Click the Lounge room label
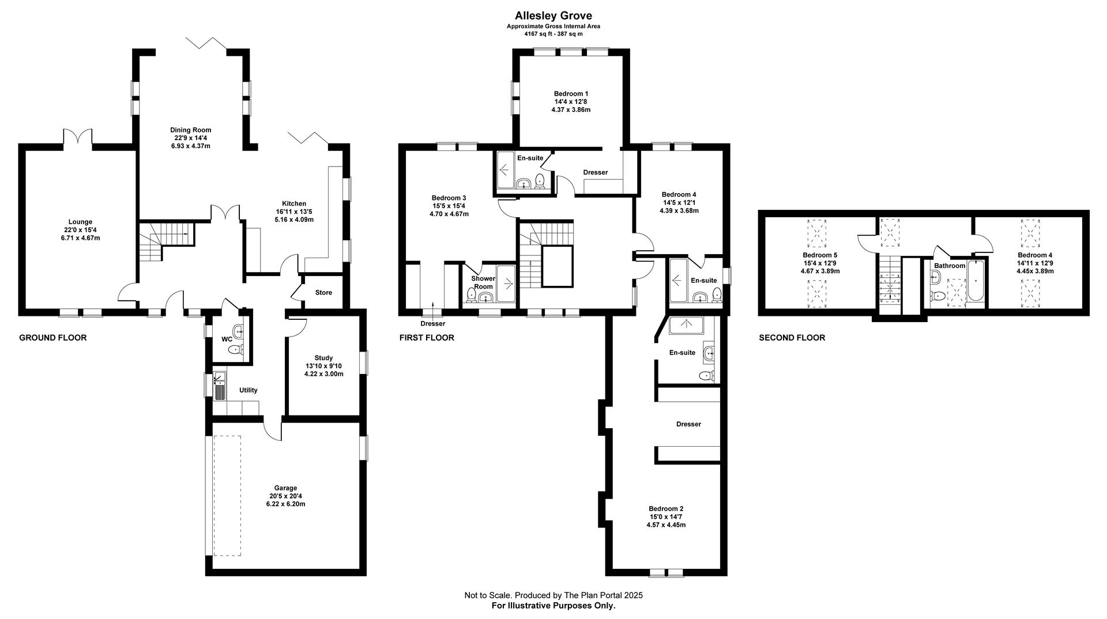tap(80, 222)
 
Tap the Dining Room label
tap(190, 130)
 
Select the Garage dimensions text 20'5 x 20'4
tap(285, 496)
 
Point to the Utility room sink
tap(220, 386)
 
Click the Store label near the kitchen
tap(323, 292)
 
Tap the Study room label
tap(323, 358)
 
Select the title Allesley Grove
tap(553, 16)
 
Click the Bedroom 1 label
tap(571, 93)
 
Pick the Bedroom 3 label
tap(449, 198)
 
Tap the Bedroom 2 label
tap(666, 508)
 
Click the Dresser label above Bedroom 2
tap(688, 424)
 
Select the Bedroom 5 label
tap(820, 255)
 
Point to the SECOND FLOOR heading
tap(792, 338)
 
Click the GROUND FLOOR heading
tap(53, 338)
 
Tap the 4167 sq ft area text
tap(553, 34)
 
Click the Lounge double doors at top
tap(77, 138)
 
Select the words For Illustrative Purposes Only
tap(553, 606)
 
